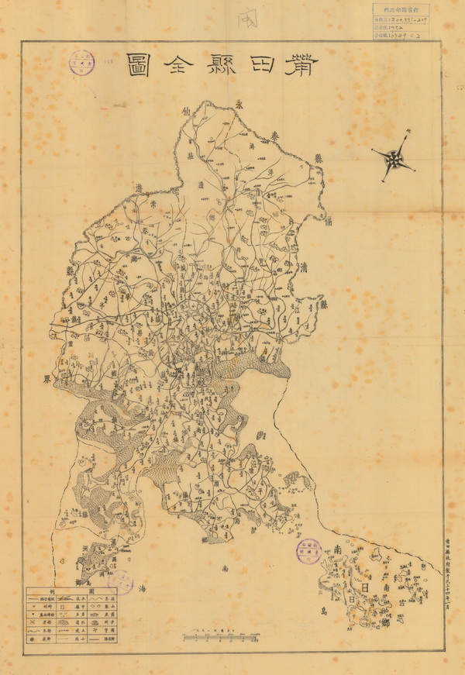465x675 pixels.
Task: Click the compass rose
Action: (394, 158)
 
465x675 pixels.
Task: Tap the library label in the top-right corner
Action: (398, 22)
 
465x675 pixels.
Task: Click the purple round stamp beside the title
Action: (82, 63)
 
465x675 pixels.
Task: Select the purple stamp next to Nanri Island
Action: (308, 551)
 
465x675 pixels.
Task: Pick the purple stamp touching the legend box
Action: (120, 581)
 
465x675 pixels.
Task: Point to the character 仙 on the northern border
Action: (184, 112)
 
